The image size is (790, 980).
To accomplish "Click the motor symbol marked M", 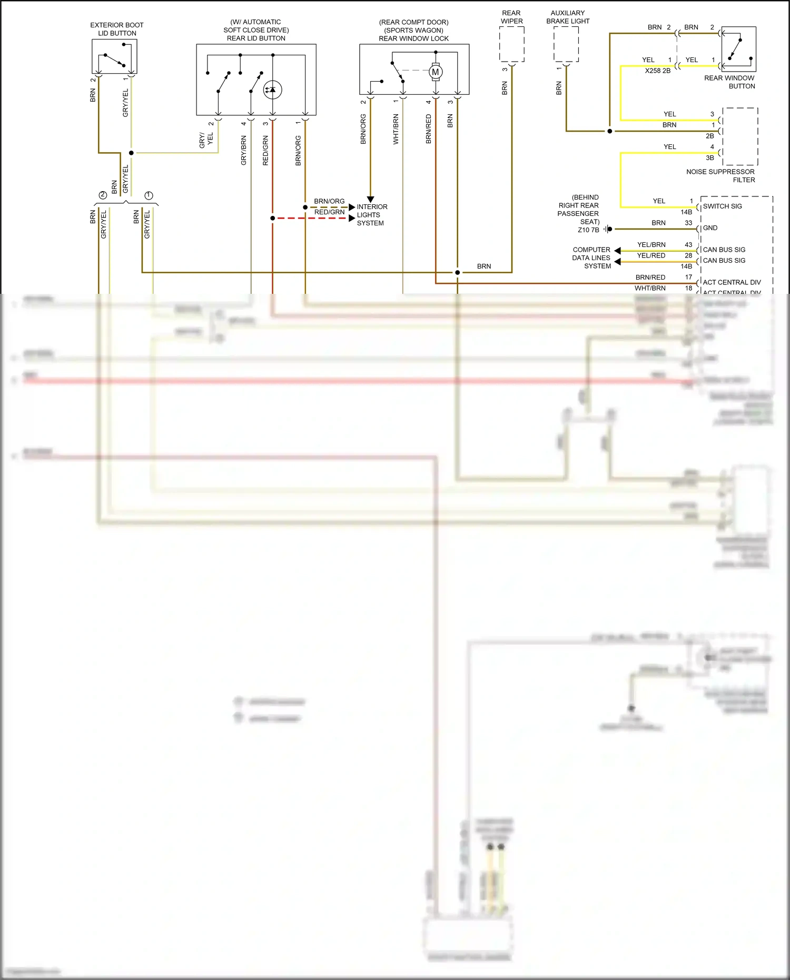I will tap(436, 72).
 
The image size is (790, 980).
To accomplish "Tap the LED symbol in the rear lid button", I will tap(272, 90).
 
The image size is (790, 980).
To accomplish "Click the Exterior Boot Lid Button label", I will tap(117, 29).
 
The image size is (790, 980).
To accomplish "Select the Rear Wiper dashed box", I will tap(511, 44).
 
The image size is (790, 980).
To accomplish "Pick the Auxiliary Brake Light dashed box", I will tap(566, 44).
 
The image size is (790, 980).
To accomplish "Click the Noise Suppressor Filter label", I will tap(720, 175).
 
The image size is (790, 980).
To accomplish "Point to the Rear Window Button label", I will tap(729, 82).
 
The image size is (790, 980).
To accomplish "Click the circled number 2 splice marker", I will tap(103, 195).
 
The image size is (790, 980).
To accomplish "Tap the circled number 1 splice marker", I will tap(149, 195).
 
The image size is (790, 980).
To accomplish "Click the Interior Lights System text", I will tap(371, 215).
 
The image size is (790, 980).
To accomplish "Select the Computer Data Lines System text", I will tap(591, 258).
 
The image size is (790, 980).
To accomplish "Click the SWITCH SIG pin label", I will tap(722, 206).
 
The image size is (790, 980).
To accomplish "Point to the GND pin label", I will tap(710, 228).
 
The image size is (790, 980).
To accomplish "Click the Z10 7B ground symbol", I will tap(608, 229).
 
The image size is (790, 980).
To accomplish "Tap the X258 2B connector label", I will tap(657, 71).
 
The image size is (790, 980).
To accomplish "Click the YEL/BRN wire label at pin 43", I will tap(651, 245).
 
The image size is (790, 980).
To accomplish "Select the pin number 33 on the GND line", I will tap(688, 223).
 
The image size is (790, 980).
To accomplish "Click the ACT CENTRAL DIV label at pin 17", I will tap(732, 282).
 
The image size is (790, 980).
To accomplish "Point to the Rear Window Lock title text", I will tap(413, 38).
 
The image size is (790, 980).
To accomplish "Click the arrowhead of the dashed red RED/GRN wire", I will tap(352, 218).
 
